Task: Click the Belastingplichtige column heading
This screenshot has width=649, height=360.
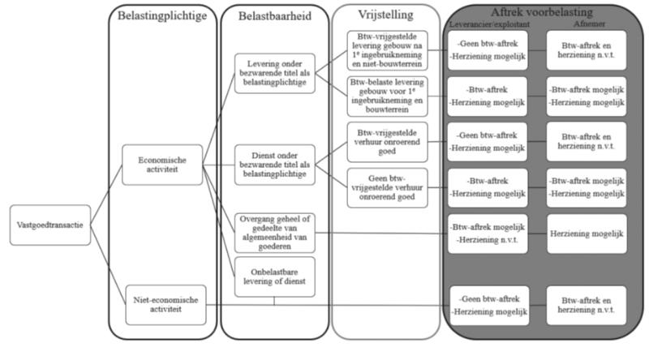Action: coord(161,16)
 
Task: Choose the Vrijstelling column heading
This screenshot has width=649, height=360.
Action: coord(385,15)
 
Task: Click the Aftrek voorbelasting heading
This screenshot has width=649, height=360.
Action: coord(541,12)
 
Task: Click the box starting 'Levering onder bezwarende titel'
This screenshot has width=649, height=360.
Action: coord(274,74)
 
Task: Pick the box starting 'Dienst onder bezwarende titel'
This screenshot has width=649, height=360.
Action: coord(274,163)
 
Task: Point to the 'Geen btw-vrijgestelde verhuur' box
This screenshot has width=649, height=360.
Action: coord(386,187)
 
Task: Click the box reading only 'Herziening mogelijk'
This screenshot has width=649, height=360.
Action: coord(586,234)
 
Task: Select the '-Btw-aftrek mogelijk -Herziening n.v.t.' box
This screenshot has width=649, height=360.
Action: coord(488,234)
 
